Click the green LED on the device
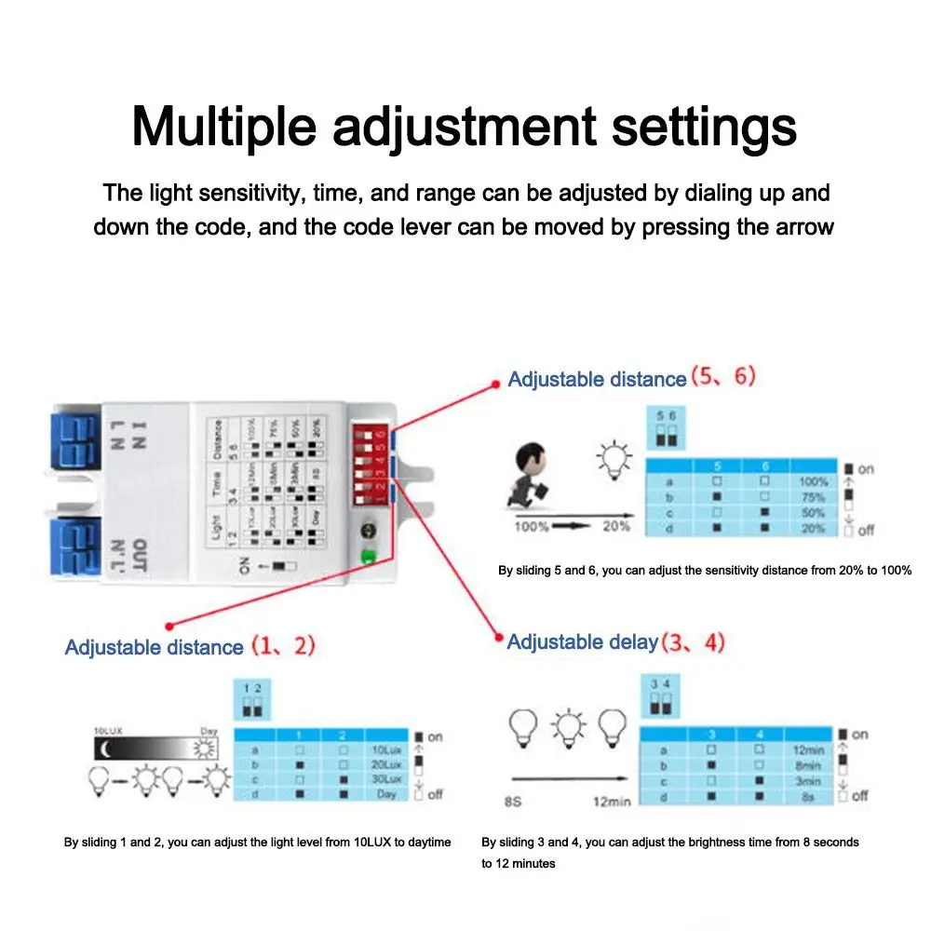coord(369,560)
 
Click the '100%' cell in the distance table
coord(813,482)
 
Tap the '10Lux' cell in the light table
coord(386,749)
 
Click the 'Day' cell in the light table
coord(386,794)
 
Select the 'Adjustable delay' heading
coord(583,641)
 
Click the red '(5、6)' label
coord(722,378)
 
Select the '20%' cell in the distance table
coord(813,528)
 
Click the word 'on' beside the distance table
coord(866,468)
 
